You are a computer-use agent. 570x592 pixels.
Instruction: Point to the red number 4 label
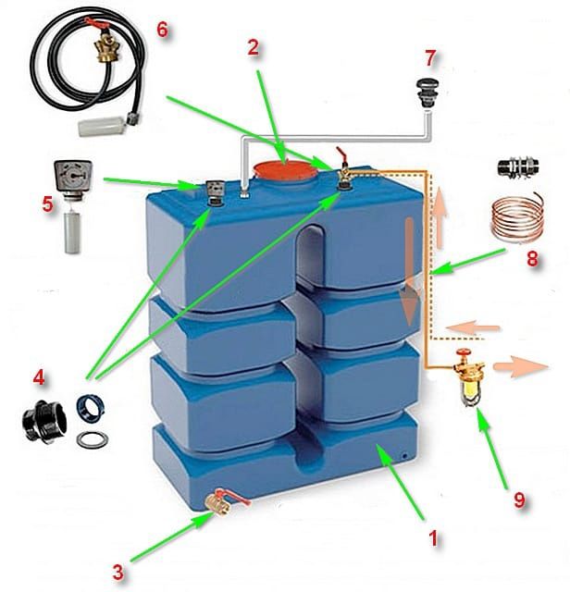click(39, 378)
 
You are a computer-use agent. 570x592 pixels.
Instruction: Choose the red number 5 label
click(47, 203)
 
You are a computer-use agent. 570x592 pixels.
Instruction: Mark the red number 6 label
click(163, 29)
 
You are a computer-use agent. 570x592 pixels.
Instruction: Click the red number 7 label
click(429, 58)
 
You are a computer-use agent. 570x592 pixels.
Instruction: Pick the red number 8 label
click(531, 260)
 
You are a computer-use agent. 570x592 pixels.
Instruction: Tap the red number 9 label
click(519, 499)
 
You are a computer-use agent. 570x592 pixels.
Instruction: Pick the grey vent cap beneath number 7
click(427, 92)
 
